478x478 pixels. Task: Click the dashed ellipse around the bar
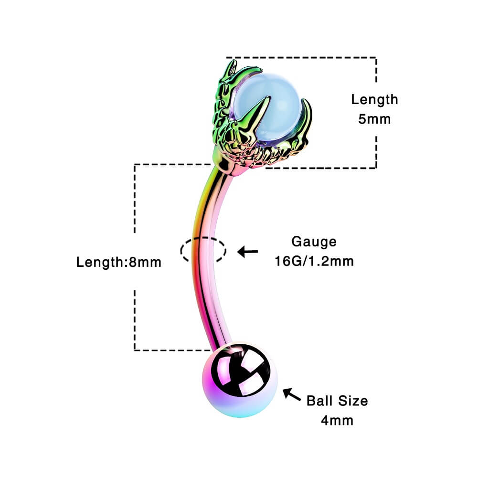(203, 249)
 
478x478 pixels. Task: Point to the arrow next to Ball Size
(291, 395)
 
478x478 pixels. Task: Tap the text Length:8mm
(119, 262)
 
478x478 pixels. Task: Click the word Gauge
(314, 242)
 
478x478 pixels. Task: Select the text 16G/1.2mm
(314, 261)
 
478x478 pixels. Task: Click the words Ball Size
(337, 400)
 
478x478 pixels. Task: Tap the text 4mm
(337, 420)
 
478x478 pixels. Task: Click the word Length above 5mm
(374, 100)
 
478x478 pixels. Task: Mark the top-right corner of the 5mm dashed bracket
(376, 58)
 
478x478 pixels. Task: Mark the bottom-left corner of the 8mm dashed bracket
(135, 350)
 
